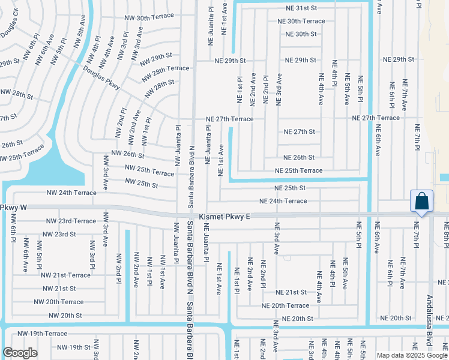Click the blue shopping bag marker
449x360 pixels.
[x=422, y=201]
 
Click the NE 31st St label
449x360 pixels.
[x=297, y=8]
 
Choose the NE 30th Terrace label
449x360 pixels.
[x=301, y=21]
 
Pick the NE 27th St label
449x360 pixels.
[x=299, y=131]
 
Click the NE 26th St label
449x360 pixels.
[x=299, y=158]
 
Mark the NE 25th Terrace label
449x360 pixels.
[x=298, y=170]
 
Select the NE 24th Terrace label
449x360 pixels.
[x=283, y=201]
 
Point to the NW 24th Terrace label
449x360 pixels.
[x=71, y=193]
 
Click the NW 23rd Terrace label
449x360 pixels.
[x=71, y=221]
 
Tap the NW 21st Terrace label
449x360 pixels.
[x=65, y=275]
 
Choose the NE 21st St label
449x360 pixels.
[x=291, y=292]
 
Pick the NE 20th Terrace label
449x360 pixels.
[x=285, y=305]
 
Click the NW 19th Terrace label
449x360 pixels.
[x=42, y=333]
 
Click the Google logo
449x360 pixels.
[x=20, y=352]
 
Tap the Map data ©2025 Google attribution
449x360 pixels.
[x=411, y=355]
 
